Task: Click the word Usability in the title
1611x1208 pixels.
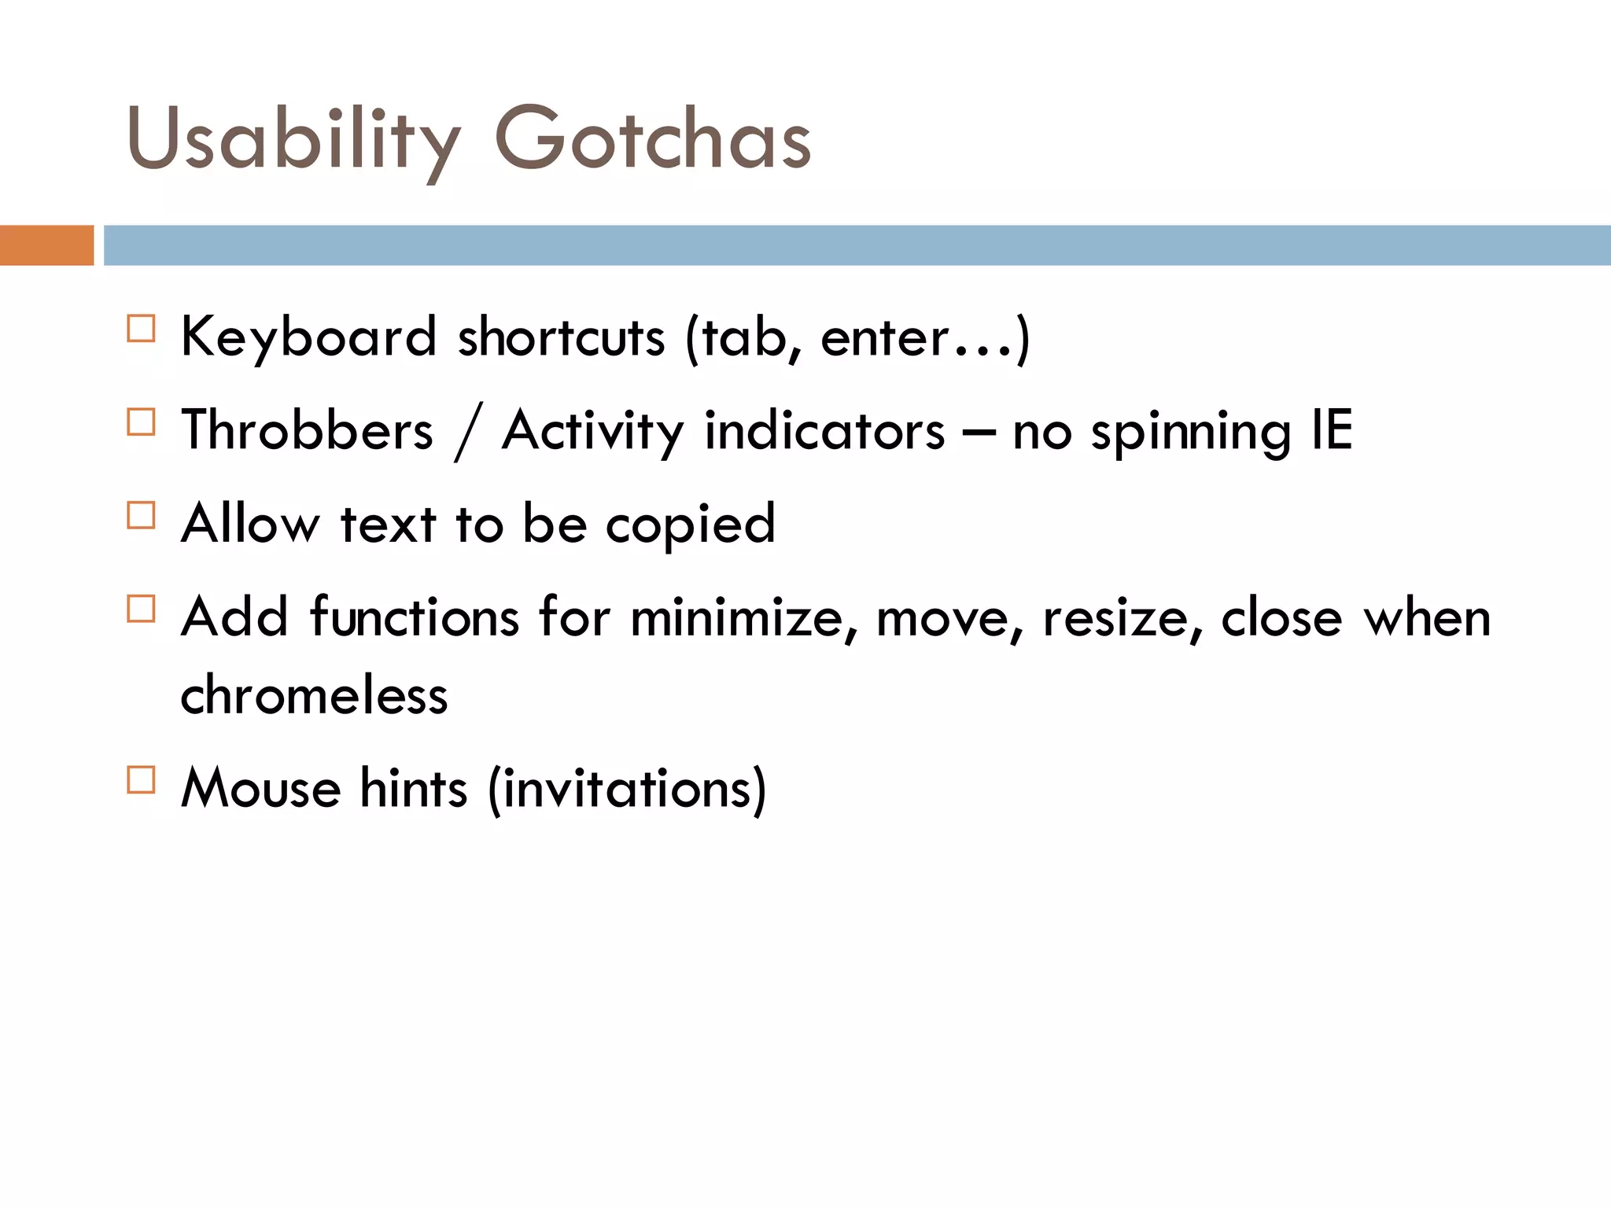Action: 292,140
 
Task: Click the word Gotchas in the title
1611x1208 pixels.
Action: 652,140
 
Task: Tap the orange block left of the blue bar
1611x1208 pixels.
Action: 46,245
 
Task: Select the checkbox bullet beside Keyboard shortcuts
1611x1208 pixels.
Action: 141,328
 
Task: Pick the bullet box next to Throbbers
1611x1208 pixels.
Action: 141,422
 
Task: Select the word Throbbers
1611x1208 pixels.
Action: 307,431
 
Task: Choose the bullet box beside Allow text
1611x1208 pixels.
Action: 141,515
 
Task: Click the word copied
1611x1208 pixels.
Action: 690,525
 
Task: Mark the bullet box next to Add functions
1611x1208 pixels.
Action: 141,609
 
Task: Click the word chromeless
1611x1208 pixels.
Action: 314,695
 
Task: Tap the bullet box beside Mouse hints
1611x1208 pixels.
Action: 141,779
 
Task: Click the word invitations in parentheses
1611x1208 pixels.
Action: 627,789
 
